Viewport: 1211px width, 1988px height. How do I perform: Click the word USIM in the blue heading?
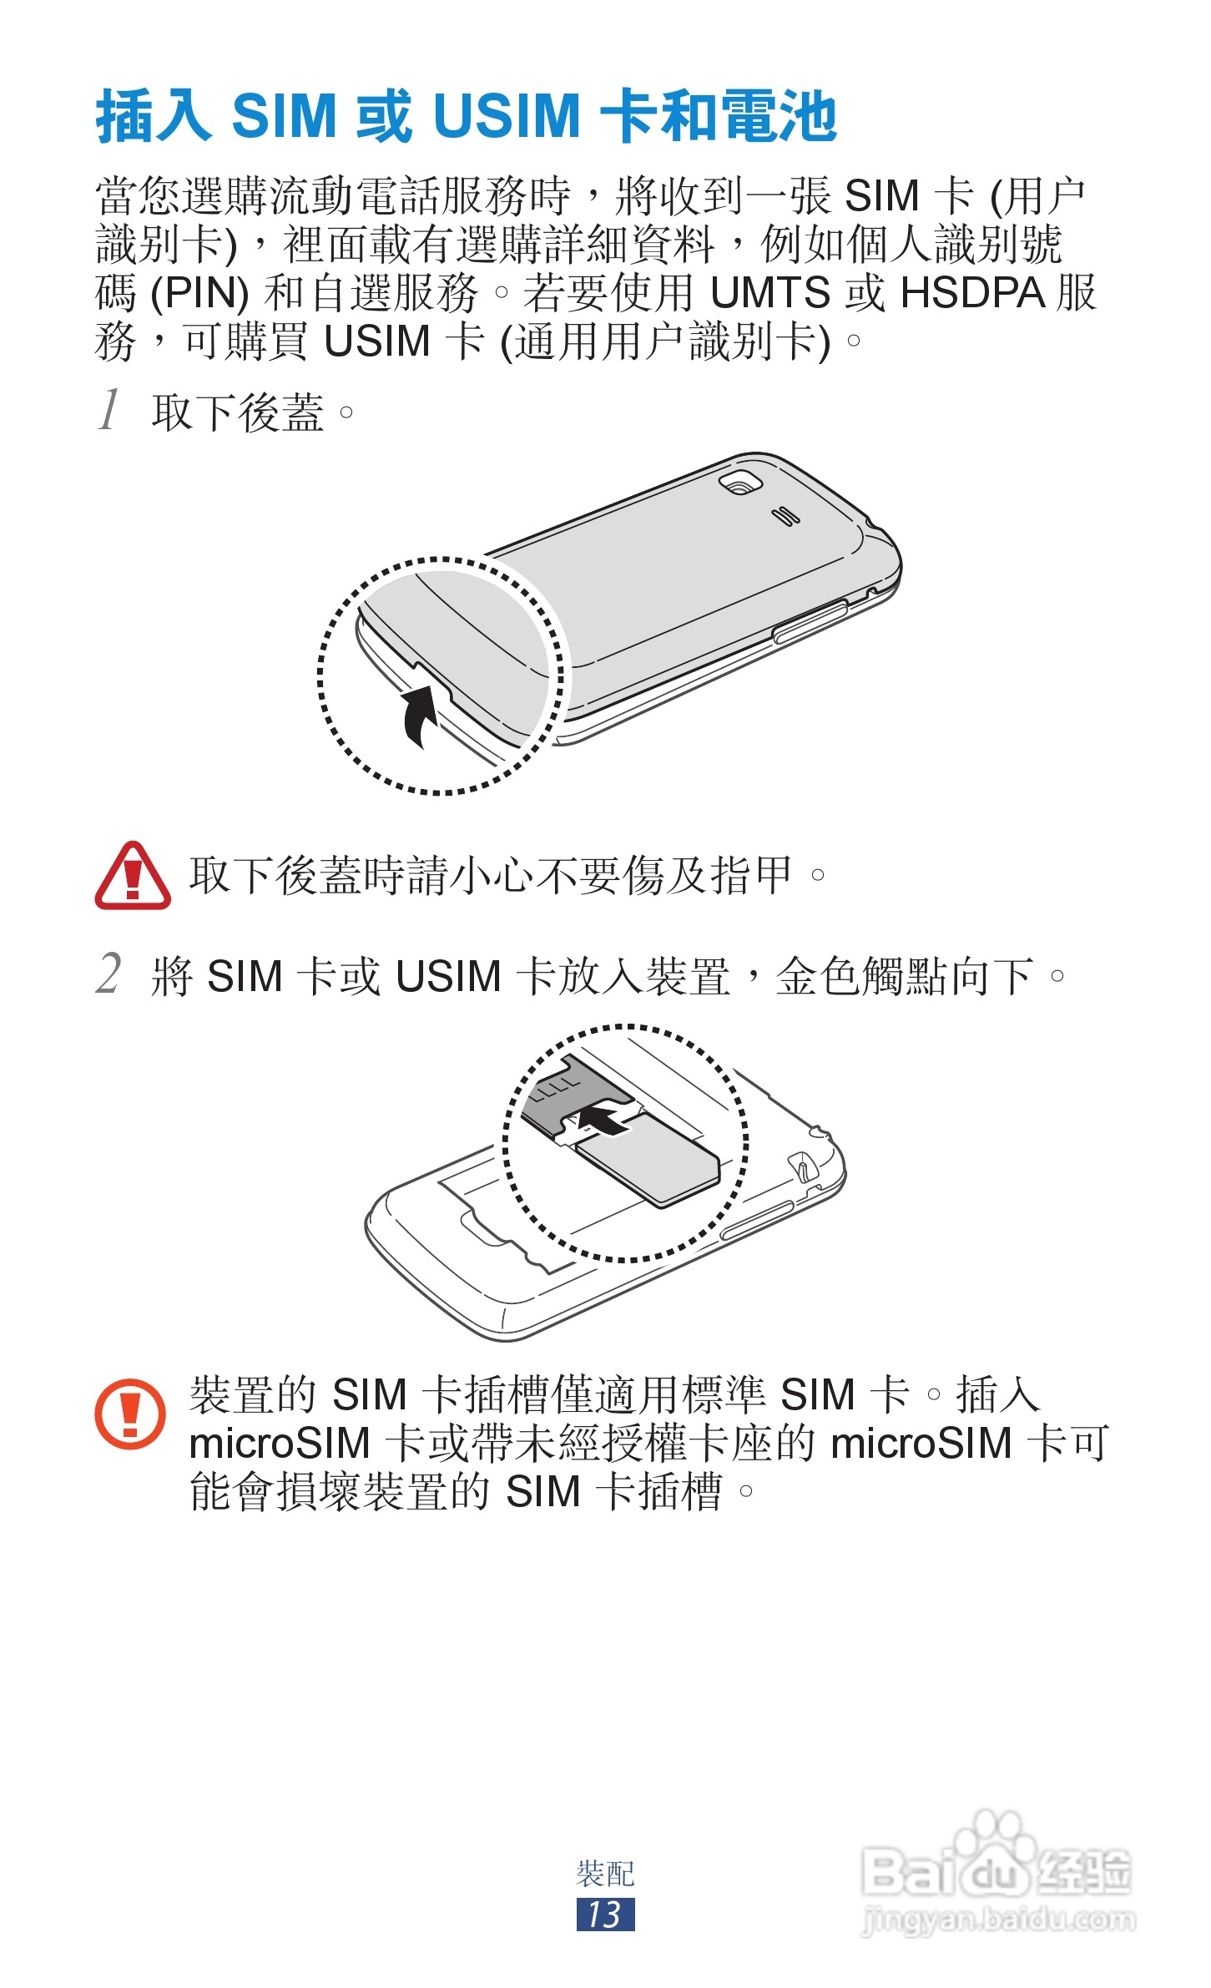[507, 115]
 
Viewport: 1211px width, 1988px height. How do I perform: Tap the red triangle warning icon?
[133, 877]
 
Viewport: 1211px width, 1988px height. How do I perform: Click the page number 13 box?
[605, 1914]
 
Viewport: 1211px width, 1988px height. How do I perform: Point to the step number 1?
[109, 409]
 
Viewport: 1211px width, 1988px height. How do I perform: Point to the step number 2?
[108, 974]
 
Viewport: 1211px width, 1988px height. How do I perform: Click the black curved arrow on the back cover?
[420, 715]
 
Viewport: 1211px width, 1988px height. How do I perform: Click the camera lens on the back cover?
[740, 483]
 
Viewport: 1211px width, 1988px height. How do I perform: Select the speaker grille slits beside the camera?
[785, 516]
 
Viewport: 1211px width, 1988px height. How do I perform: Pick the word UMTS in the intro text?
[769, 293]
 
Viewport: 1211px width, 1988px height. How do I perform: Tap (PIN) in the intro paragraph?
[199, 293]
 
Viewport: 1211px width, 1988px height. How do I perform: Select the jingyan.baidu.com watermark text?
[997, 1919]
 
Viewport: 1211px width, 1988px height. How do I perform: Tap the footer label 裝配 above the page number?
[605, 1874]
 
